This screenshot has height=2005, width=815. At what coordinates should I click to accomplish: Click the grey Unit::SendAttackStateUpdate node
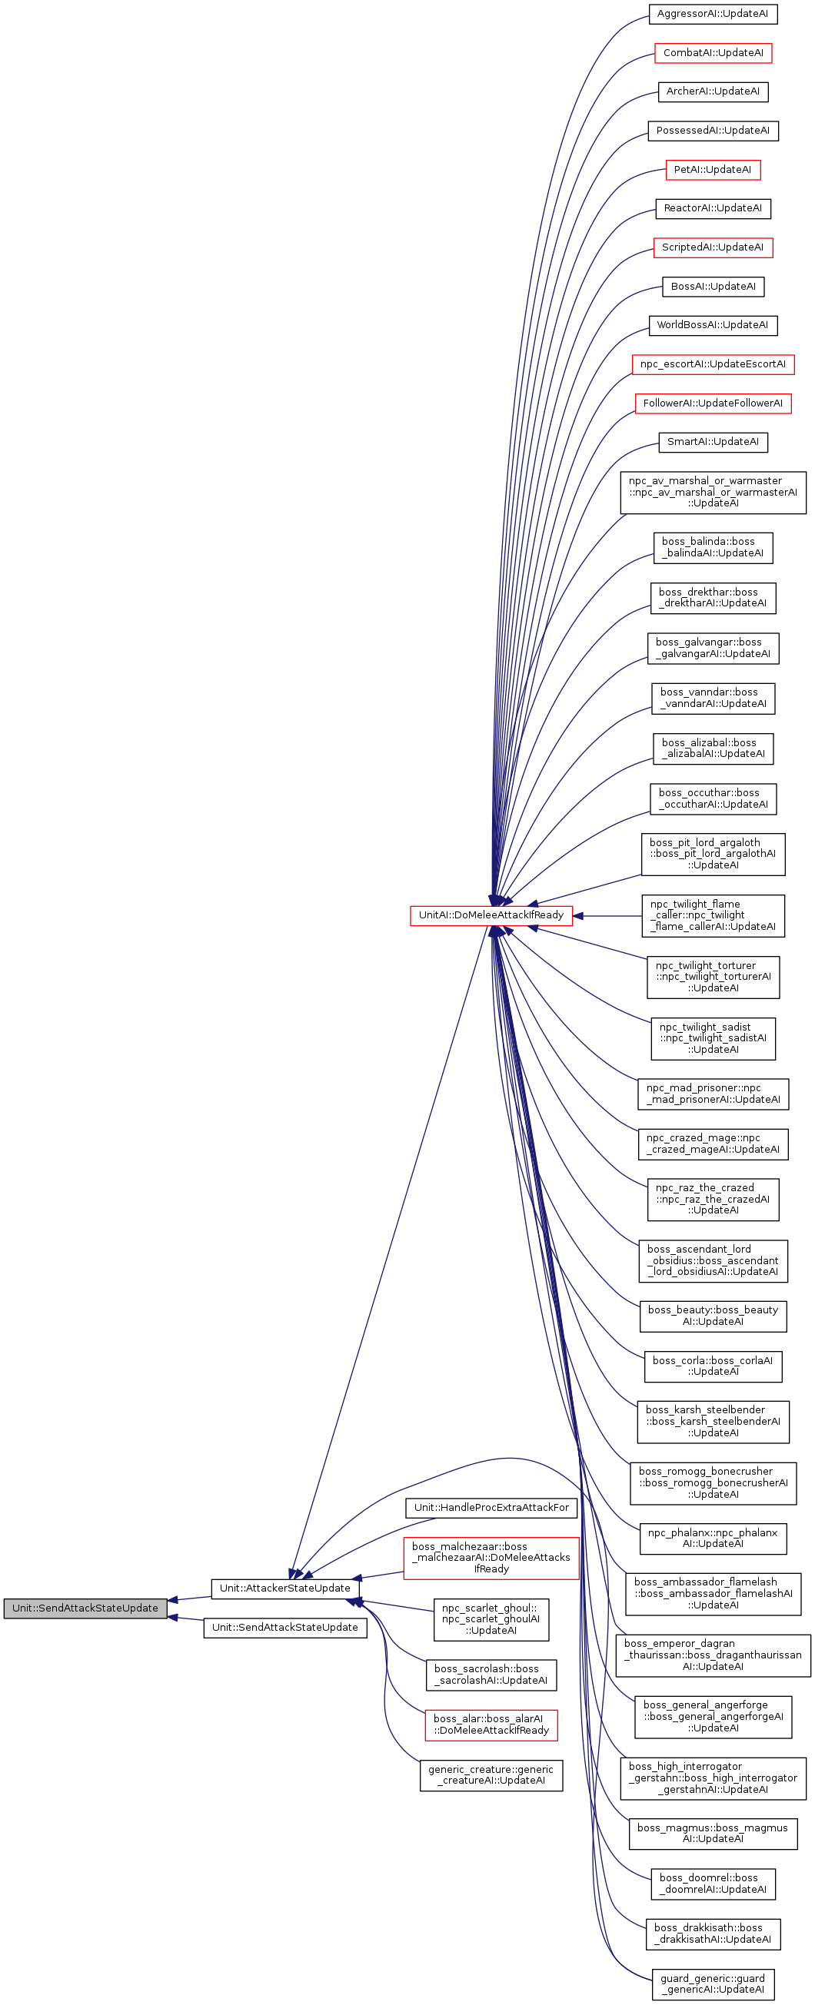tap(85, 1608)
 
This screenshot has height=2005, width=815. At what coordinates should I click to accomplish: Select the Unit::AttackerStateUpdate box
tap(285, 1588)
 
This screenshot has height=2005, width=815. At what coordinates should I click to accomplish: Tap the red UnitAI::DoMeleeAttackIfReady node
tap(491, 915)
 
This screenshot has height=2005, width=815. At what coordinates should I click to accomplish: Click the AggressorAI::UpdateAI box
tap(712, 14)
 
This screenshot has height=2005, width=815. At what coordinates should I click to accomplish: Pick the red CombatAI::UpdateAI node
tap(712, 53)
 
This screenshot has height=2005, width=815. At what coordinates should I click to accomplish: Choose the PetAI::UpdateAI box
tap(712, 170)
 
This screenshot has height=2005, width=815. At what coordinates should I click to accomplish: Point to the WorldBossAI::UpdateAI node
tap(712, 325)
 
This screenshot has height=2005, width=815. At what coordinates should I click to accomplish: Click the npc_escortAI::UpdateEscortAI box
tap(712, 364)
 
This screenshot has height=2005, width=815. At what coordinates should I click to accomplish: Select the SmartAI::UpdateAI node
tap(712, 442)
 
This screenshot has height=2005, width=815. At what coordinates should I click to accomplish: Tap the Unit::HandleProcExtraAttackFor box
tap(491, 1508)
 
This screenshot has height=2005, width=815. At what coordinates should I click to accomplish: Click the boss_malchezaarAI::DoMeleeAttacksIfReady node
tap(491, 1558)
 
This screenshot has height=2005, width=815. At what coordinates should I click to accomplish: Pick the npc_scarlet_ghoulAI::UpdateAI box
tap(491, 1619)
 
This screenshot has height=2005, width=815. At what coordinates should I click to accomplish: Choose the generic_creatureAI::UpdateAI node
tap(491, 1774)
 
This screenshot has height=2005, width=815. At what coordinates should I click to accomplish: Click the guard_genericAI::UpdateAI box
tap(712, 1984)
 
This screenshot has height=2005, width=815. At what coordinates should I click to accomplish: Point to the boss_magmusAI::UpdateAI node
tap(712, 1833)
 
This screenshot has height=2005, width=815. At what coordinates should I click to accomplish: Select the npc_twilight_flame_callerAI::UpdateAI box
tap(712, 915)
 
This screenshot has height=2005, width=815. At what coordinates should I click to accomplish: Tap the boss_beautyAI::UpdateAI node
tap(712, 1316)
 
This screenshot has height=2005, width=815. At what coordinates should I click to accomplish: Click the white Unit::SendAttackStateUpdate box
tap(285, 1628)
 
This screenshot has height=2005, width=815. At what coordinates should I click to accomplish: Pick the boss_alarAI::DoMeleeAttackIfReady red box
tap(491, 1724)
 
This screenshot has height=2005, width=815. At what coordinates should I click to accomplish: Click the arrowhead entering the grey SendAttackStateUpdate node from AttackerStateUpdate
tap(173, 1600)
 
